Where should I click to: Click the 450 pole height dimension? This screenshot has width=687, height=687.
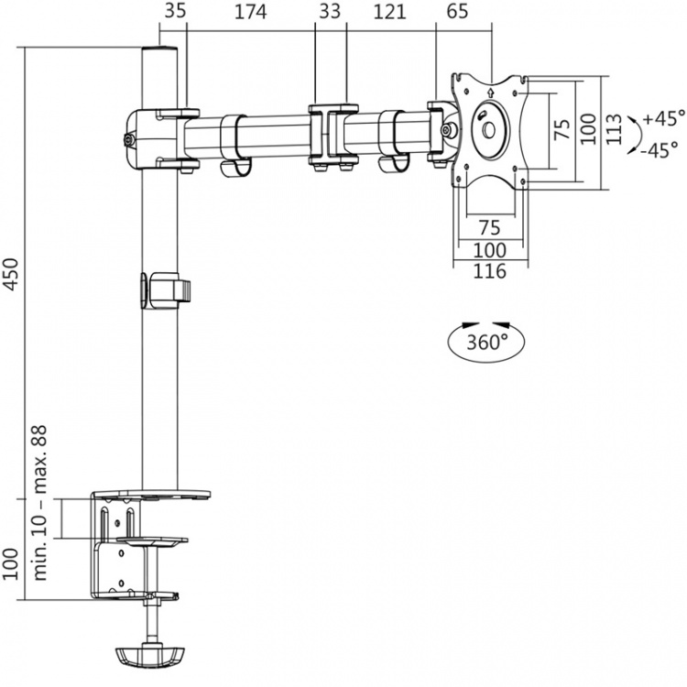(x=12, y=272)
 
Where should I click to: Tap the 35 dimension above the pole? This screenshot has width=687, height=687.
(x=175, y=13)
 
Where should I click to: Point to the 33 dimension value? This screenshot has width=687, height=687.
(x=330, y=13)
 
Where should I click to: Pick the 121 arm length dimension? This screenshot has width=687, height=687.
(x=389, y=13)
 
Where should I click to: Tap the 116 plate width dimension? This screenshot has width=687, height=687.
(x=490, y=269)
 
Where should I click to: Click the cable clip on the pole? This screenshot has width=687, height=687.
(x=168, y=288)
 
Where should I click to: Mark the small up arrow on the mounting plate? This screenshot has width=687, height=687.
(x=492, y=92)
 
